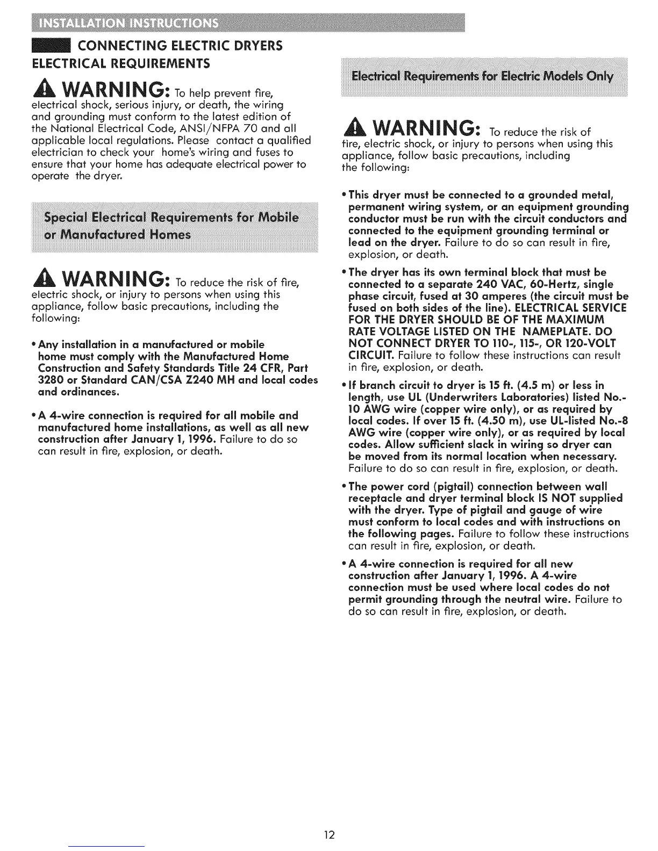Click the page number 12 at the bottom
tap(329, 835)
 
